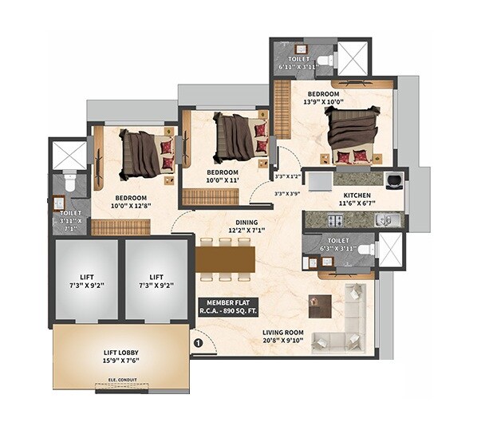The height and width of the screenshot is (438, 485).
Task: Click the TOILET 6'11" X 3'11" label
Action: coord(298,63)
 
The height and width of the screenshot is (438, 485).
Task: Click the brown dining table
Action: coord(225,258)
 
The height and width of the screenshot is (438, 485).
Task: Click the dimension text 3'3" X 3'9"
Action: coord(288,192)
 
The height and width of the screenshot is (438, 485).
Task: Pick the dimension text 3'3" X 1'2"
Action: coord(288,176)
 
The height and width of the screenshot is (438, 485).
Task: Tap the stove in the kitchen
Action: coord(393,180)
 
